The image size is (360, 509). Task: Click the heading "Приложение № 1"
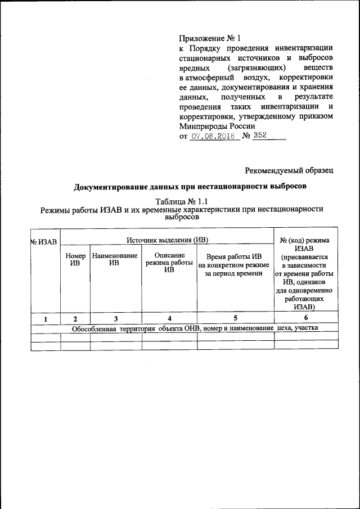(209, 39)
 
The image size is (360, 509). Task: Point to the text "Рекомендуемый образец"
(290, 169)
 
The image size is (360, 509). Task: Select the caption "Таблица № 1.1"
(181, 200)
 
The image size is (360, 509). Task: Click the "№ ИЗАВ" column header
(44, 242)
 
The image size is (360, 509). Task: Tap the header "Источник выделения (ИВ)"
(166, 239)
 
